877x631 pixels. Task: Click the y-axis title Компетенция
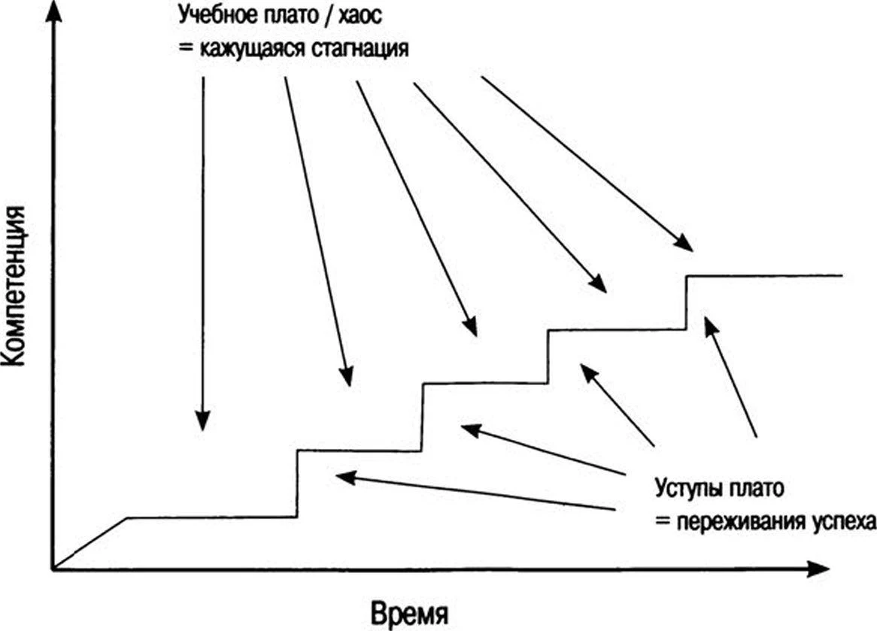[x=14, y=285]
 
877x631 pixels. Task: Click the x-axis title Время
[x=409, y=614]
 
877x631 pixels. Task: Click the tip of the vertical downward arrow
[x=202, y=430]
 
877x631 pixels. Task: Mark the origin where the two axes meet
[x=53, y=569]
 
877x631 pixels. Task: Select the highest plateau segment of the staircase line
[x=765, y=275]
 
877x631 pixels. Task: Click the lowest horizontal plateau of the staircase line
[x=213, y=517]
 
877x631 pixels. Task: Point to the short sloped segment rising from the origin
[x=90, y=543]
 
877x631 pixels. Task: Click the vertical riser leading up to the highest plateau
[x=686, y=302]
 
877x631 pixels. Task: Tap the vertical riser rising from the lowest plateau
[x=298, y=484]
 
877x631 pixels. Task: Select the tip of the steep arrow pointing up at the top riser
[x=706, y=317]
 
